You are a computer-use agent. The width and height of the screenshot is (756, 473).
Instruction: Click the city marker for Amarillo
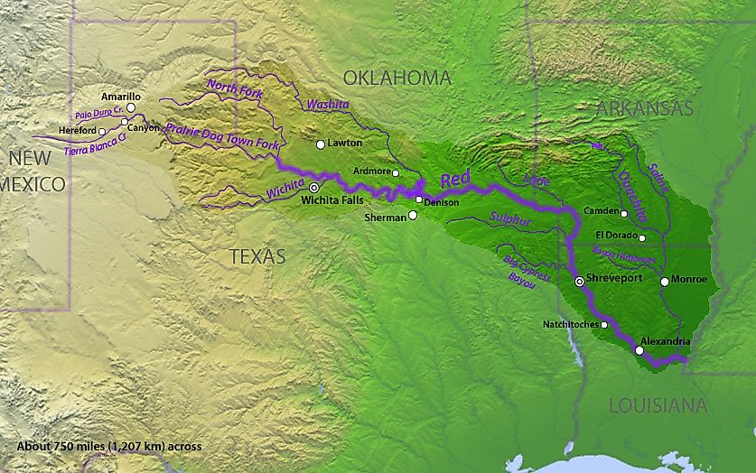pyautogui.click(x=131, y=107)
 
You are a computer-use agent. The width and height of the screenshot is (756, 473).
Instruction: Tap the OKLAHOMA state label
pyautogui.click(x=397, y=79)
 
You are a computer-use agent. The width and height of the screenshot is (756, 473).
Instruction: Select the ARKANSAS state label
pyautogui.click(x=644, y=108)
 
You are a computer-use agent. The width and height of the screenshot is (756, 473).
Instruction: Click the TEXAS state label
pyautogui.click(x=257, y=256)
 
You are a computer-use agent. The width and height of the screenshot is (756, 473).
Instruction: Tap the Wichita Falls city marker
pyautogui.click(x=314, y=187)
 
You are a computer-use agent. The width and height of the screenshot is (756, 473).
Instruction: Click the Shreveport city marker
pyautogui.click(x=579, y=283)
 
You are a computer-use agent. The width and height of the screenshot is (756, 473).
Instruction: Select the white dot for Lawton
pyautogui.click(x=320, y=144)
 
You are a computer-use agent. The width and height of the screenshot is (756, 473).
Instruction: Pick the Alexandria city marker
pyautogui.click(x=639, y=350)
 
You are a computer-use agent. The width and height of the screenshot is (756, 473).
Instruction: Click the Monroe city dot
pyautogui.click(x=664, y=282)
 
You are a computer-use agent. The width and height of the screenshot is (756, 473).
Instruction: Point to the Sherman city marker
pyautogui.click(x=413, y=215)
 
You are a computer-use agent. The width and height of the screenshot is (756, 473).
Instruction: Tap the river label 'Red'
pyautogui.click(x=454, y=180)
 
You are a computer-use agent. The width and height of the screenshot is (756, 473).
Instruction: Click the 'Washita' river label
pyautogui.click(x=327, y=105)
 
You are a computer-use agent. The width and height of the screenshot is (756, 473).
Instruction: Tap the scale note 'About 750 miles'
pyautogui.click(x=109, y=446)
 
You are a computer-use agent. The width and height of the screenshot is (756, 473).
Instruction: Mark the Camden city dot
pyautogui.click(x=624, y=214)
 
